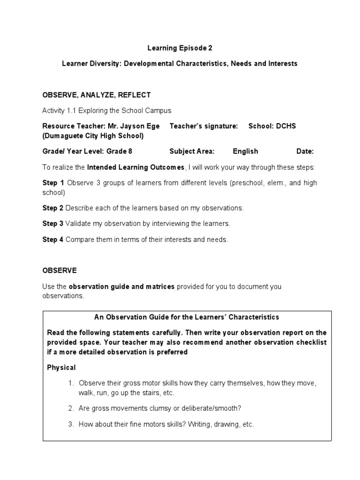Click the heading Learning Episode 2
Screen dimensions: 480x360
(x=177, y=48)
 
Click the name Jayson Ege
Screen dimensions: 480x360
(x=139, y=126)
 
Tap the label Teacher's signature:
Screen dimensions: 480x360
(x=203, y=126)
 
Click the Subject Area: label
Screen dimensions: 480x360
(x=192, y=151)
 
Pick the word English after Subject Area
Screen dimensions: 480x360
(x=245, y=151)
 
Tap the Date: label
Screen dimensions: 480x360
(x=305, y=151)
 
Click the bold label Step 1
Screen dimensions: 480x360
(x=53, y=183)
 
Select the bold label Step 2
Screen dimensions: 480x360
(x=53, y=208)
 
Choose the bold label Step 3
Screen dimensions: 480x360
(x=53, y=224)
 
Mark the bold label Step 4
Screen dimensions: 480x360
(x=53, y=240)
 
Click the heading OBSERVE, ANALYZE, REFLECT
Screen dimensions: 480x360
(x=97, y=95)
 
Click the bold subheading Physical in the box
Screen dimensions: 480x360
(x=61, y=367)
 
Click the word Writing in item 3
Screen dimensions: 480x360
(x=195, y=424)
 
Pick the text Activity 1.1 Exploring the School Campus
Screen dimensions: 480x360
(x=107, y=111)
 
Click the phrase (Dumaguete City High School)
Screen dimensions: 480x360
(x=93, y=135)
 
